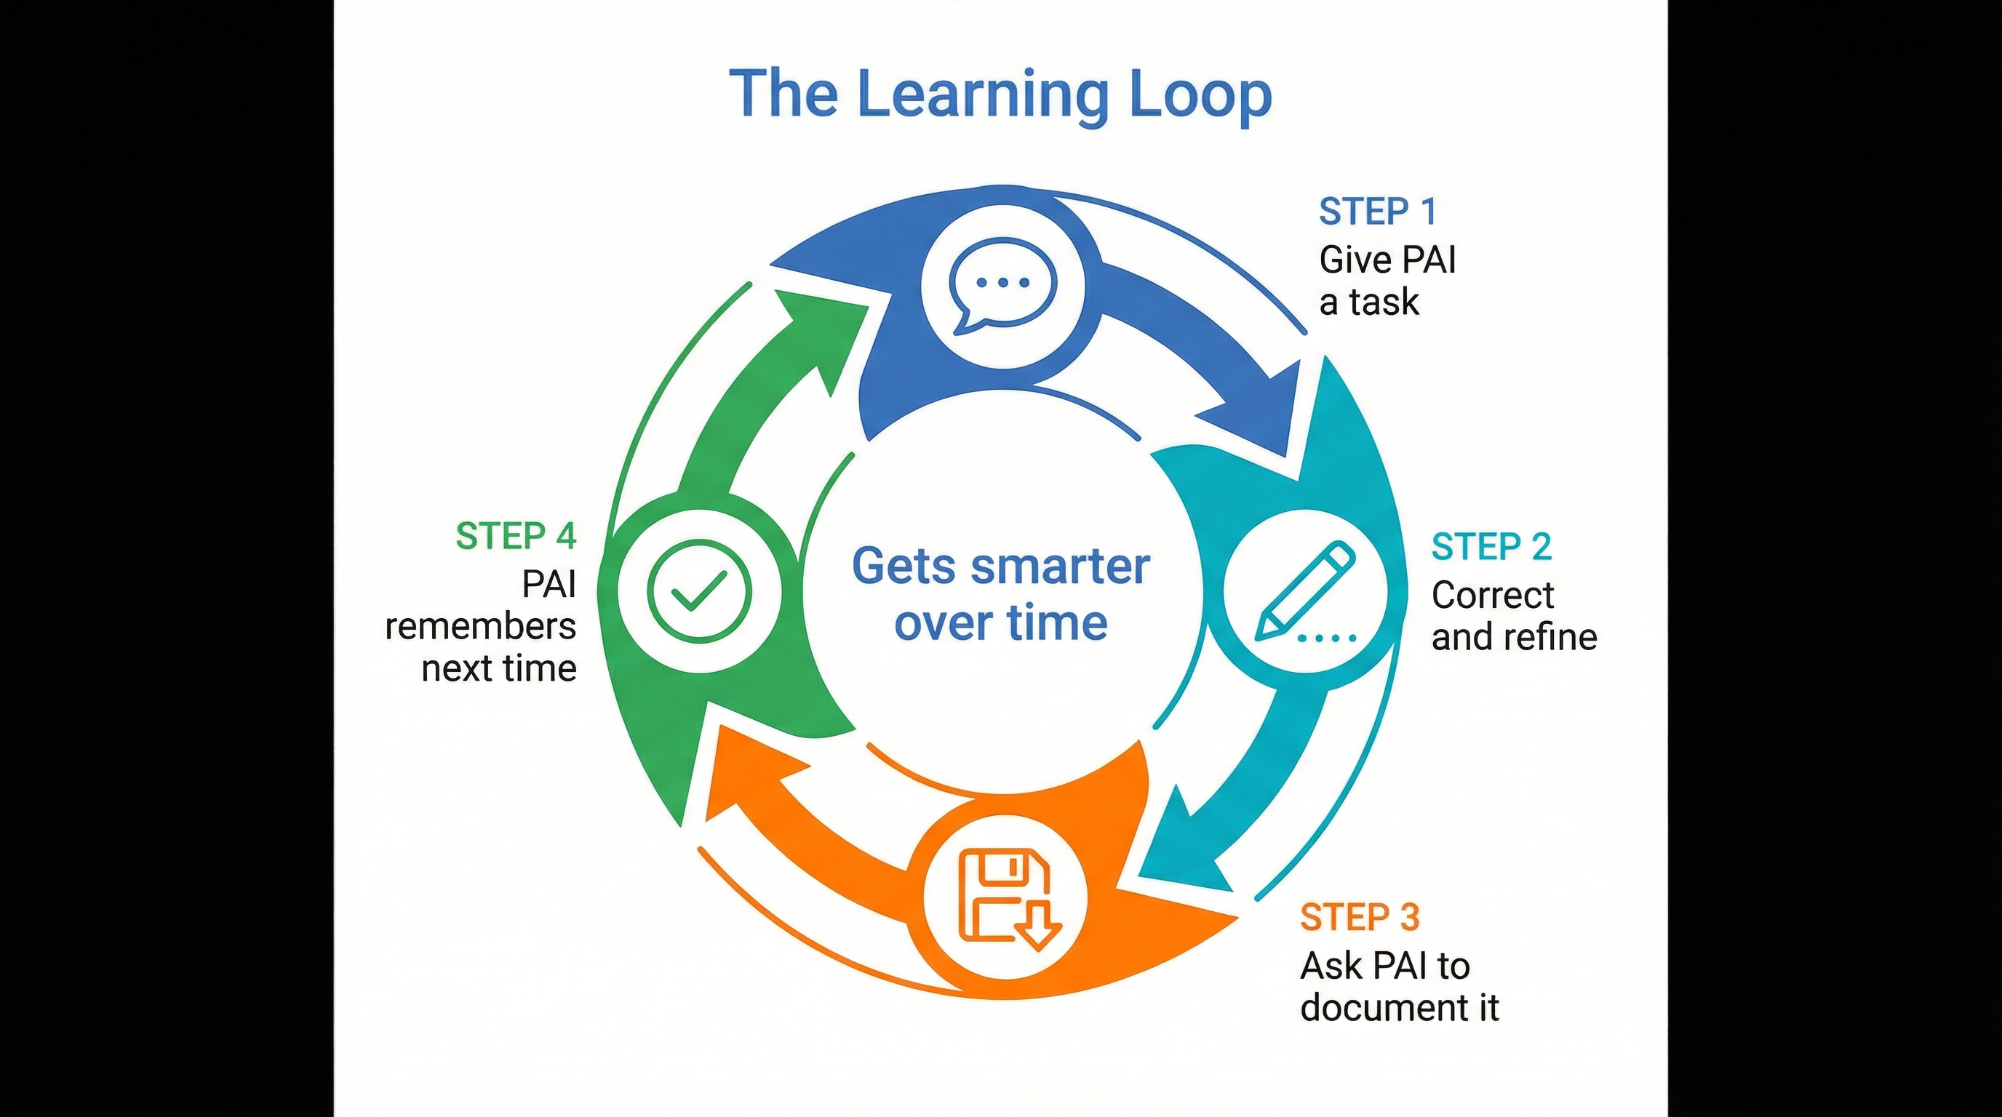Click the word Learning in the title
coord(982,95)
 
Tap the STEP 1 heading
coord(1378,212)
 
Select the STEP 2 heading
coord(1491,547)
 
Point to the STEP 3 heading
coord(1359,917)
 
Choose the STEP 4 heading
coord(515,536)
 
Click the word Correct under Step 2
coord(1492,596)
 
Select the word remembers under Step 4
coord(480,626)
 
